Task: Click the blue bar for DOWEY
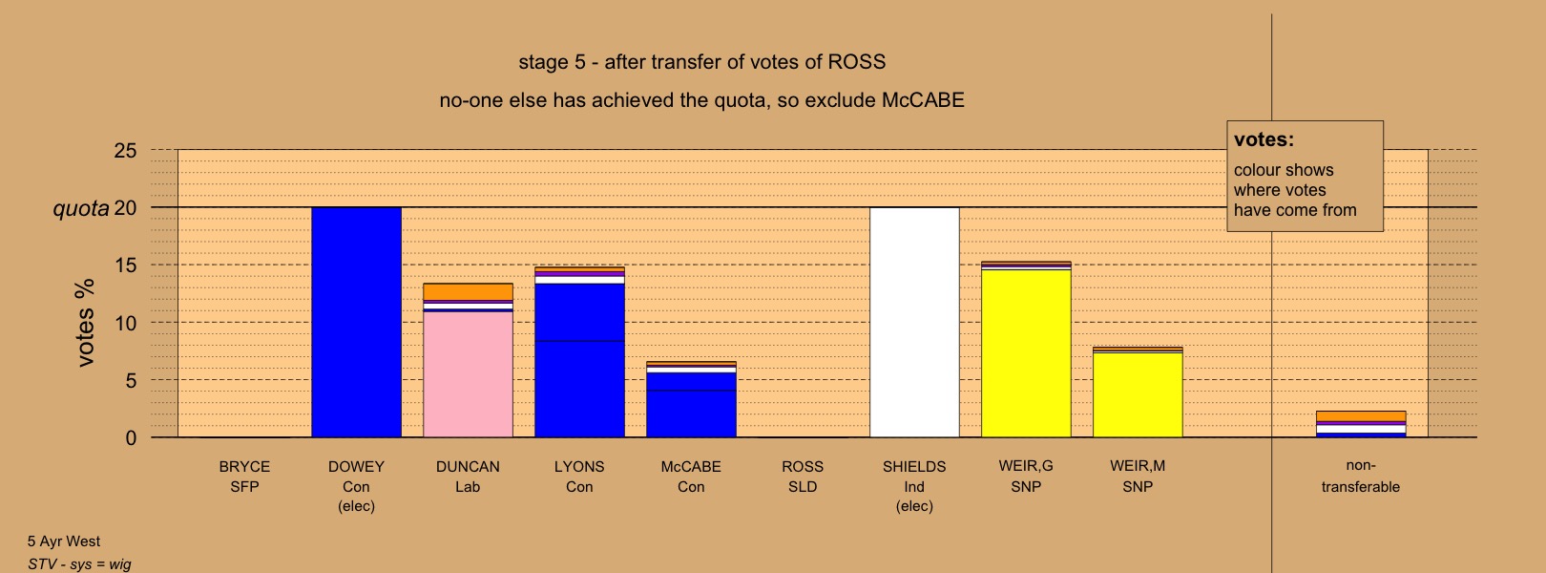click(x=356, y=322)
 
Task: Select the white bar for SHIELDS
click(x=914, y=322)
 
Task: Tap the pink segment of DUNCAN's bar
click(x=468, y=374)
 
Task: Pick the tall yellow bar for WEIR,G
click(x=1026, y=353)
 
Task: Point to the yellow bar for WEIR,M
click(x=1138, y=394)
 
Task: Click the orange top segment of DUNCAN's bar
click(x=468, y=291)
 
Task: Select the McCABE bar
click(x=691, y=399)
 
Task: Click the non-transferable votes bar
click(x=1361, y=424)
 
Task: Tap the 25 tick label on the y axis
click(x=126, y=151)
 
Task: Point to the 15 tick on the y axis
click(x=126, y=265)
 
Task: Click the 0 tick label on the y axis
click(x=131, y=437)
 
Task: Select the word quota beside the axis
click(x=81, y=208)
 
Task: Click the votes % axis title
click(x=85, y=323)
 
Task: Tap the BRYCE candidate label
click(x=244, y=467)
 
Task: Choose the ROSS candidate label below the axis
click(x=803, y=467)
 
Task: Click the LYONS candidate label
click(x=579, y=467)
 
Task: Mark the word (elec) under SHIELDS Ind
click(x=914, y=506)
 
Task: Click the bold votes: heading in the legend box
click(x=1264, y=139)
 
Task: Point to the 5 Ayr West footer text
click(x=64, y=541)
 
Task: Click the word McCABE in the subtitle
click(x=923, y=100)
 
